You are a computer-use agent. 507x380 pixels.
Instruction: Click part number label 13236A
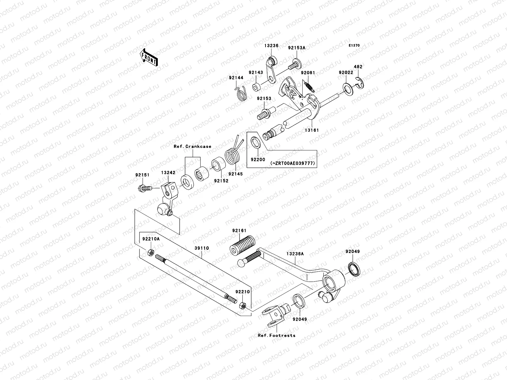coord(295,254)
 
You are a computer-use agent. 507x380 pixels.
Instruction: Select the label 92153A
coord(297,48)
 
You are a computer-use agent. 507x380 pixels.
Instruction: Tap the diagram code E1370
coord(354,46)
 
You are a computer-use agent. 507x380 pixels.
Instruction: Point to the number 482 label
coord(358,67)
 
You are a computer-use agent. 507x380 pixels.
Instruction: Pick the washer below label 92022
coord(348,89)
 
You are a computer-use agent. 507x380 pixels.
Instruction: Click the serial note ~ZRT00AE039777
coord(292,163)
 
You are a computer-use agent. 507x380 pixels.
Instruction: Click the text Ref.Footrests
coord(276,335)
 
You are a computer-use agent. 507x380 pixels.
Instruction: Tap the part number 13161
coord(312,130)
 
